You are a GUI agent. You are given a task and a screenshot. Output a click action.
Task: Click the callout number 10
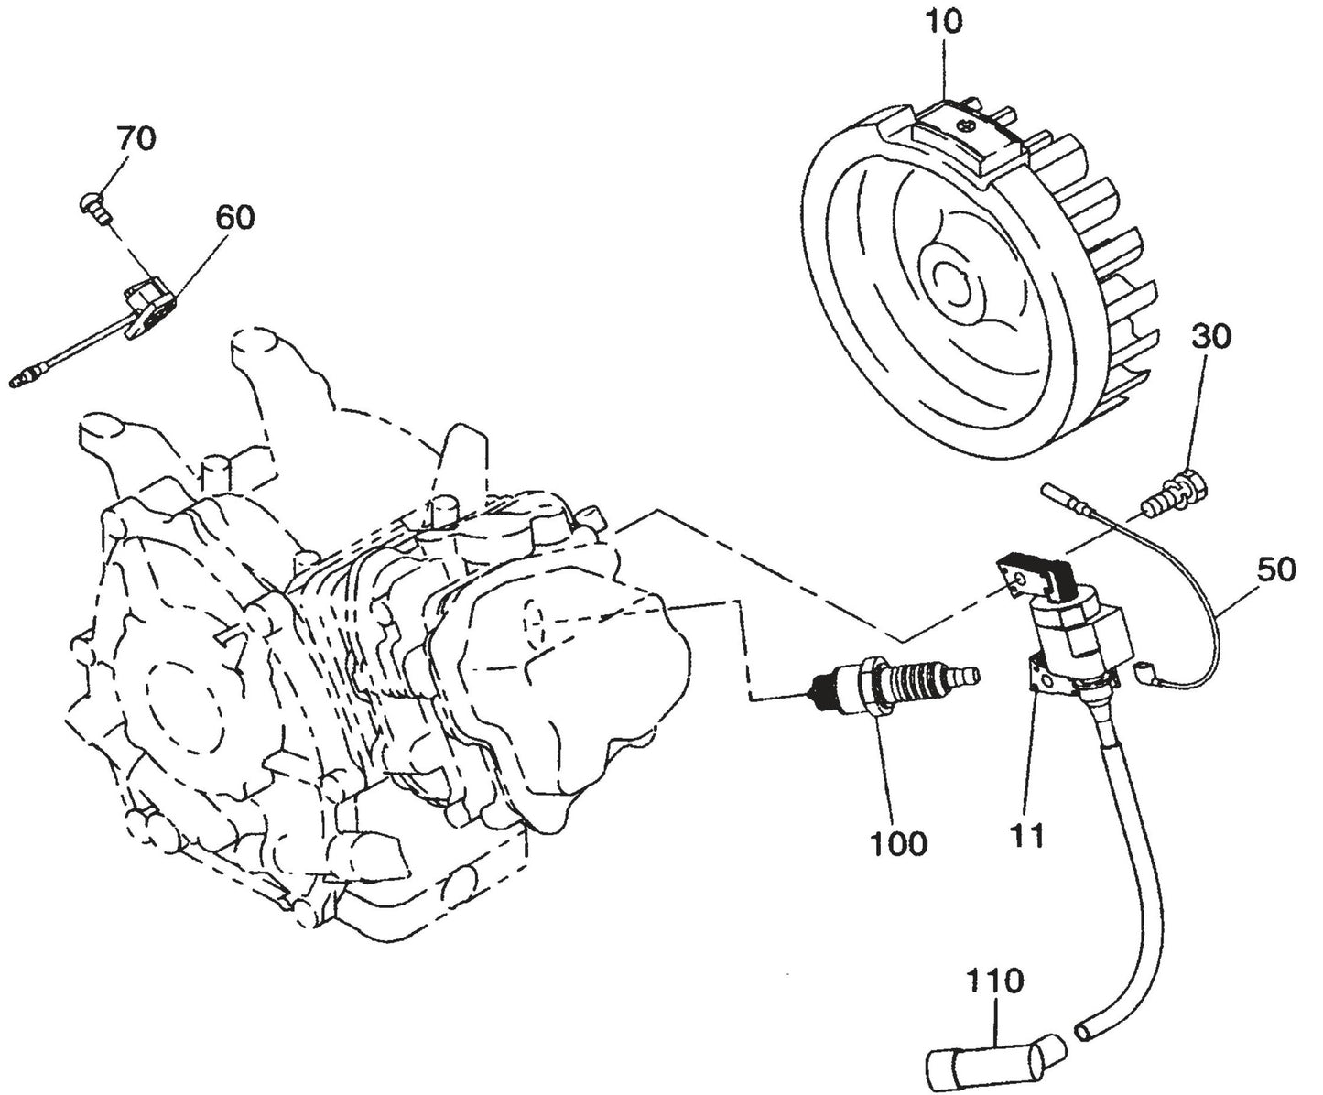[x=944, y=22]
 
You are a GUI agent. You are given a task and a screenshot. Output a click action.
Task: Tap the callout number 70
[x=136, y=139]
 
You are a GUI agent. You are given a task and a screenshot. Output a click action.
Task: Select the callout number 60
[x=235, y=217]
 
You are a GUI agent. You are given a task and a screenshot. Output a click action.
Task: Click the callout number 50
[x=1276, y=569]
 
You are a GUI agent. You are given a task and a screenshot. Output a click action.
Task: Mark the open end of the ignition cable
[x=1088, y=1031]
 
